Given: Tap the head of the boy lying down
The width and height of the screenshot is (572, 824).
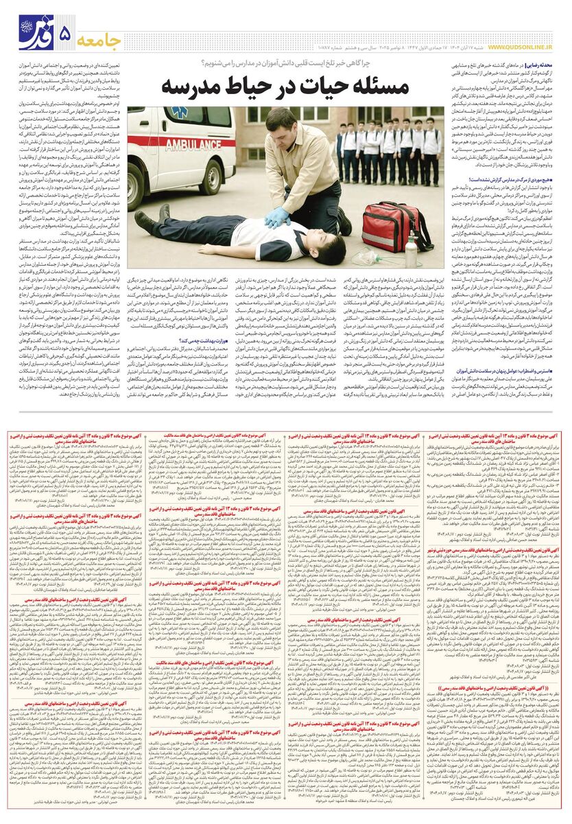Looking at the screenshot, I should point(329,244).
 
